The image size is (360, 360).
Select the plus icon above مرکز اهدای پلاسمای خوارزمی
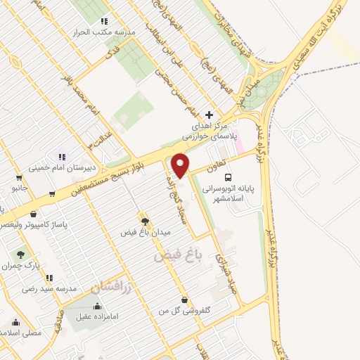pos(208,115)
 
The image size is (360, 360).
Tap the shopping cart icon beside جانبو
pos(53,193)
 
